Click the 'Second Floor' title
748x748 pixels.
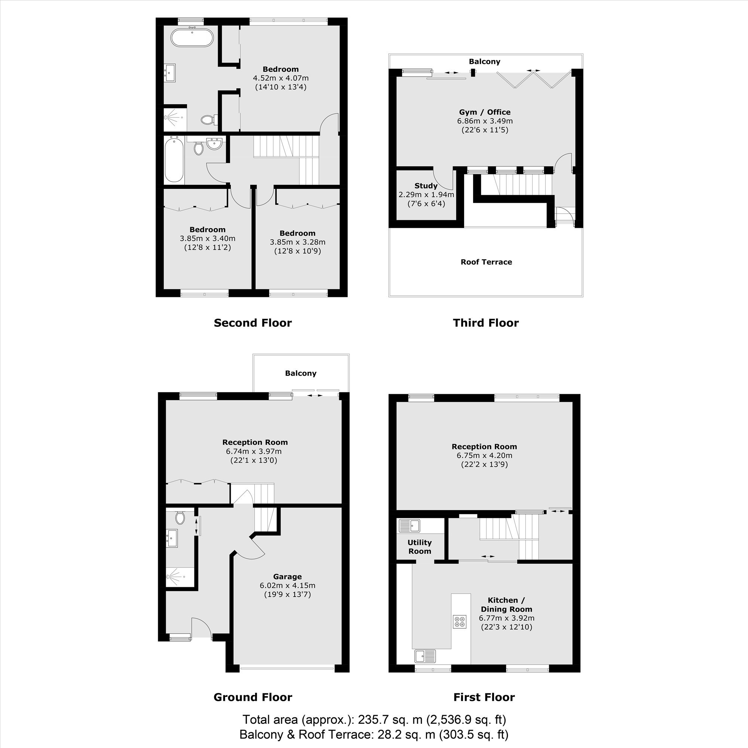point(252,323)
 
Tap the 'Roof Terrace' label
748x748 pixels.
point(486,262)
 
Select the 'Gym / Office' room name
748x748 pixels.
point(485,112)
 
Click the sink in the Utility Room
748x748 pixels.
point(410,526)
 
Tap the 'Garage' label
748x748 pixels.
point(287,576)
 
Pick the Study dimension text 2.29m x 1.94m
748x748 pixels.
point(426,195)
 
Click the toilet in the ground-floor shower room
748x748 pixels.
point(180,518)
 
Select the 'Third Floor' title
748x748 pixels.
point(485,323)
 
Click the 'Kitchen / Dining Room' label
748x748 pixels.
point(506,605)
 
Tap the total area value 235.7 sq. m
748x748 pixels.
point(390,720)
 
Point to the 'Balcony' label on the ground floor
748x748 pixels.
point(301,373)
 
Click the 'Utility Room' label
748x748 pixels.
point(420,547)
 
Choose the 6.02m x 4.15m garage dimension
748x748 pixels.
point(287,585)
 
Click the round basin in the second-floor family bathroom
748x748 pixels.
point(214,144)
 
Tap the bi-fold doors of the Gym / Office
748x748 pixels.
point(534,80)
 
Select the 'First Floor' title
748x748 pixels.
point(484,697)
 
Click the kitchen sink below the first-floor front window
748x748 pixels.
point(425,656)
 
